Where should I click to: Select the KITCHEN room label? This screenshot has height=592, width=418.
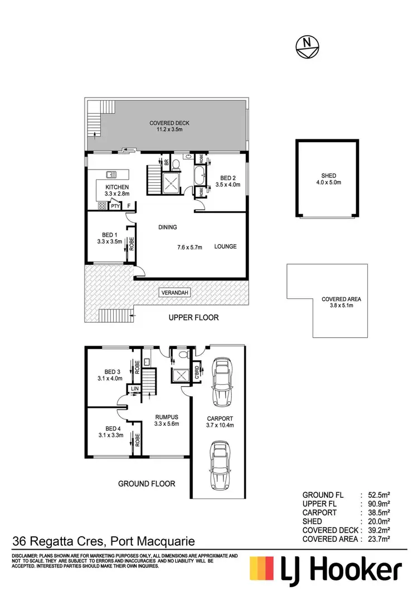tap(117, 187)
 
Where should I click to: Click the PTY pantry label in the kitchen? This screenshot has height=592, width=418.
tap(115, 206)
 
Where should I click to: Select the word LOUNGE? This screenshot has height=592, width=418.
tap(226, 246)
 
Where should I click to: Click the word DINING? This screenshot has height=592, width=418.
tap(167, 227)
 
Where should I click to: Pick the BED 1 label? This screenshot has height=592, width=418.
tap(109, 235)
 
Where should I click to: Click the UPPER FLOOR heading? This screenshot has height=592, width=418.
tap(194, 318)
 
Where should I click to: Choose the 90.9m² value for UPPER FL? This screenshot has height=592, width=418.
tap(377, 503)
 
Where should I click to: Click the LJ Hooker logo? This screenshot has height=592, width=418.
tap(325, 571)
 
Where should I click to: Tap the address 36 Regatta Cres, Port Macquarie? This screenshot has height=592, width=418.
tap(104, 541)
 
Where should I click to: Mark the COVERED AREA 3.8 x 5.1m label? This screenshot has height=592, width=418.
tap(341, 299)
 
